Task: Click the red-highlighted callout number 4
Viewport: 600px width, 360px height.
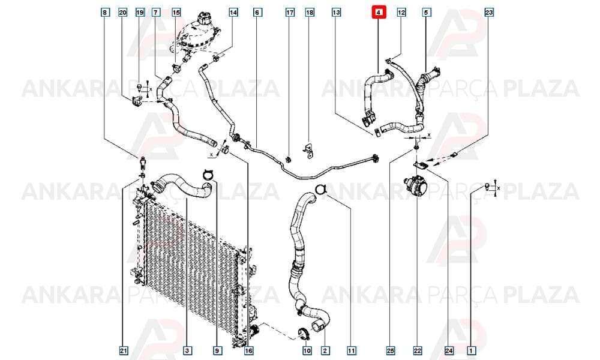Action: [379, 12]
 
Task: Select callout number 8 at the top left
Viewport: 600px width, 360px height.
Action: [104, 12]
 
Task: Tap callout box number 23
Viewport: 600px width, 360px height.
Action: [489, 12]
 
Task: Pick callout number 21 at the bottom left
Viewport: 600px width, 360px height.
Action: [123, 350]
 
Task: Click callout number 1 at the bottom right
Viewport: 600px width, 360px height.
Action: [472, 350]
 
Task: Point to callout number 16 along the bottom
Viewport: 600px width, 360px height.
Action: [249, 350]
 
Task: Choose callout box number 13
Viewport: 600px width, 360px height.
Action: [336, 12]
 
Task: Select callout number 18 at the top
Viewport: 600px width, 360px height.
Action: [310, 12]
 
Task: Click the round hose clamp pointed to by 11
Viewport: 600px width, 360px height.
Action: [320, 189]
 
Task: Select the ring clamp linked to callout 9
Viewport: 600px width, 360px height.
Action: [208, 174]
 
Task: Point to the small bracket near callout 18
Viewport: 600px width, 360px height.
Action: [308, 151]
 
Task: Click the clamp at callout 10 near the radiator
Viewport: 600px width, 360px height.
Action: [302, 334]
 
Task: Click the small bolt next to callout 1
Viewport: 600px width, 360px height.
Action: [487, 187]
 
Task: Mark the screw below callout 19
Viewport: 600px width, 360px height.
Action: [139, 88]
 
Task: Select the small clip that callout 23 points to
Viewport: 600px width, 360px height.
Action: [454, 155]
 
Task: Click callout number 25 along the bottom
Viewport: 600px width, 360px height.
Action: [391, 350]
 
